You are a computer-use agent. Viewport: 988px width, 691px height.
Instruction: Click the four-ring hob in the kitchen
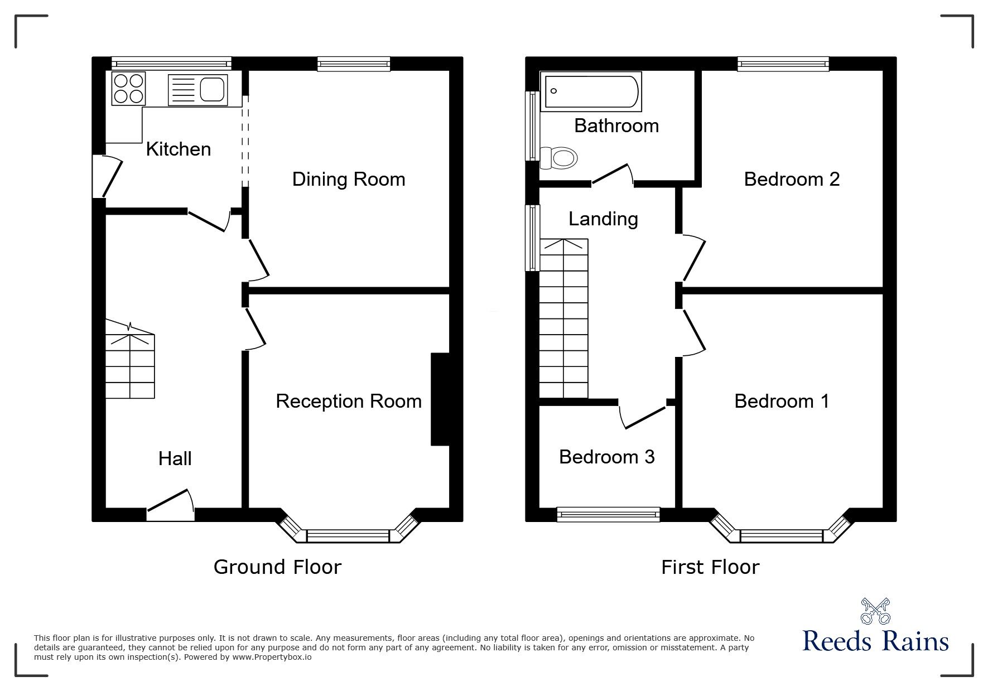(129, 88)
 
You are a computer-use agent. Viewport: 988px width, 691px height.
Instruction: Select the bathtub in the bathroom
(591, 91)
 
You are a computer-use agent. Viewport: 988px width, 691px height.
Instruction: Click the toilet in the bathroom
(560, 158)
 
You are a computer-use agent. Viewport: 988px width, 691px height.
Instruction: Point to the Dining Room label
(349, 180)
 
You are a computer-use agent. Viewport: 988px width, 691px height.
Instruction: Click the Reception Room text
(349, 402)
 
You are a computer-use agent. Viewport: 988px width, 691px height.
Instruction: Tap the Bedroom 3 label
(606, 457)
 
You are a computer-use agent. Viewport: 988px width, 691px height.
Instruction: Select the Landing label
(603, 219)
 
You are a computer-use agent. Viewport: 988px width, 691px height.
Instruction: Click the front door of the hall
(171, 505)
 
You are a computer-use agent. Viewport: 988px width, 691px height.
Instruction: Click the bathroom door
(612, 174)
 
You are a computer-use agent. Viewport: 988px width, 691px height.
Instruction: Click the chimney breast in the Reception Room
(440, 399)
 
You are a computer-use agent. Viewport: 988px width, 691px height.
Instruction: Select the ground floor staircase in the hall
(130, 365)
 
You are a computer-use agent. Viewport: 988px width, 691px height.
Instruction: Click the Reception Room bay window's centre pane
(348, 537)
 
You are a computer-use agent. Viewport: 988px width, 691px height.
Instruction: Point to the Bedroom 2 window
(783, 64)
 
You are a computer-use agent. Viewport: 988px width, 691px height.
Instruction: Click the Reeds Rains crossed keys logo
(875, 612)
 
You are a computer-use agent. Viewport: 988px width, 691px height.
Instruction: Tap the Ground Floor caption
(277, 567)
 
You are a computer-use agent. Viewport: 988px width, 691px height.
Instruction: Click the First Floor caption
(710, 568)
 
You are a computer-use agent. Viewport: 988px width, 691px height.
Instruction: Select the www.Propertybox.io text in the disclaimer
(272, 657)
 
